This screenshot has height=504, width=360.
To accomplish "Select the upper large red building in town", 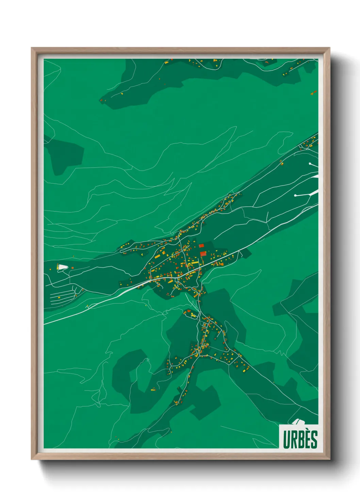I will click(201, 245).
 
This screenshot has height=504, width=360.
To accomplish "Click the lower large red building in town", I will click(203, 253).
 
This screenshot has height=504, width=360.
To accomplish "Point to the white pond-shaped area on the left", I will click(62, 267).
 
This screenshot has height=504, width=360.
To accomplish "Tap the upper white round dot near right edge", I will click(310, 164).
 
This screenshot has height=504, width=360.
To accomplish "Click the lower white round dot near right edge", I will click(295, 195).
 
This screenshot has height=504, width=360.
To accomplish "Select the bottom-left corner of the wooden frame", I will click(32, 459).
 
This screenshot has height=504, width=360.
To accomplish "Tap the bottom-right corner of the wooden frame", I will click(329, 459).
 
